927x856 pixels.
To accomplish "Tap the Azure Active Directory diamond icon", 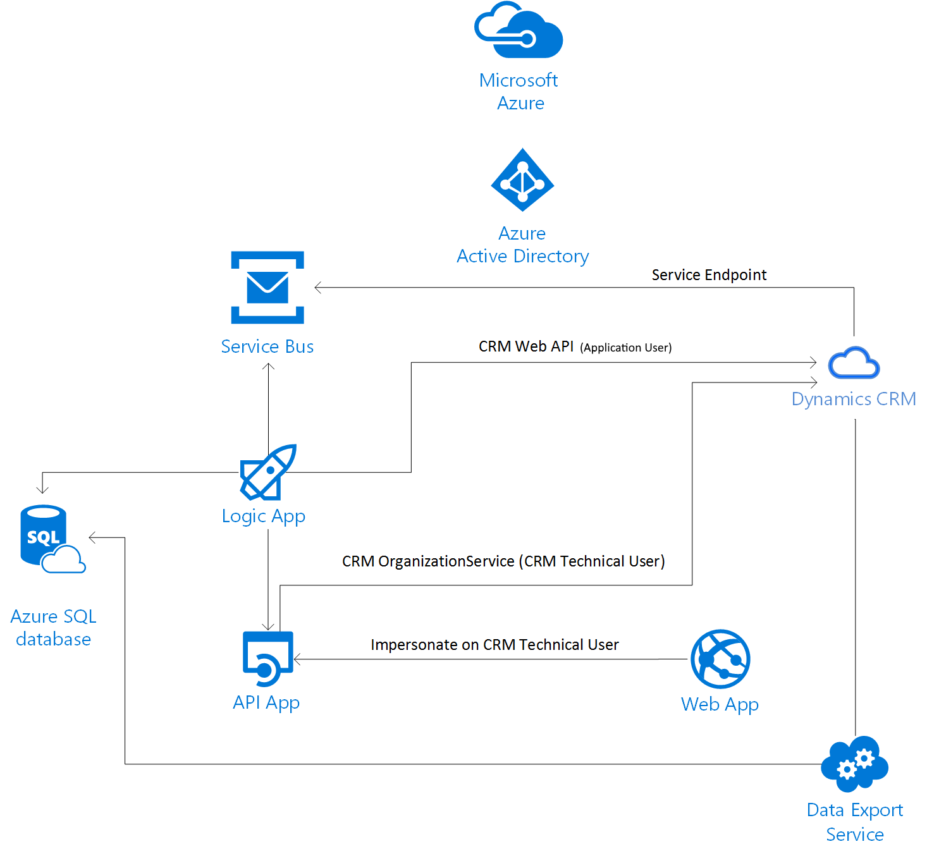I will coord(522,180).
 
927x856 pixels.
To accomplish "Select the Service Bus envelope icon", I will coord(267,288).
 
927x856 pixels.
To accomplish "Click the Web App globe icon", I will coord(720,659).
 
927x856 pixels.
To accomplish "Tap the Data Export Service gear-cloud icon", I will coord(854,764).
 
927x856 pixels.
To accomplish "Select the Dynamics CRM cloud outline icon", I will coord(854,363).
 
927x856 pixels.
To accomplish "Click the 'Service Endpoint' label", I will coord(709,275).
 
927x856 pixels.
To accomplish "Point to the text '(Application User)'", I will coord(625,348).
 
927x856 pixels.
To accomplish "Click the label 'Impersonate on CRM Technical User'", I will coord(494,645).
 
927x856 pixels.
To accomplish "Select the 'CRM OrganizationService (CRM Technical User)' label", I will coord(503,561).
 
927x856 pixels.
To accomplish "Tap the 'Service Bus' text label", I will coord(267,346).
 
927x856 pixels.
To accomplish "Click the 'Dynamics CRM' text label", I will coord(854,399).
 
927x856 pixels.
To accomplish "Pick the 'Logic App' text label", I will coord(264,516).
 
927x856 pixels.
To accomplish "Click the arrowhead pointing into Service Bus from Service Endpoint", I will coord(317,288).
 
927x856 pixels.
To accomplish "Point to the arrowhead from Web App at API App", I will coord(297,659).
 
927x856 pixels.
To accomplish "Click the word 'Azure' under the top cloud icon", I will coord(520,103).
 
